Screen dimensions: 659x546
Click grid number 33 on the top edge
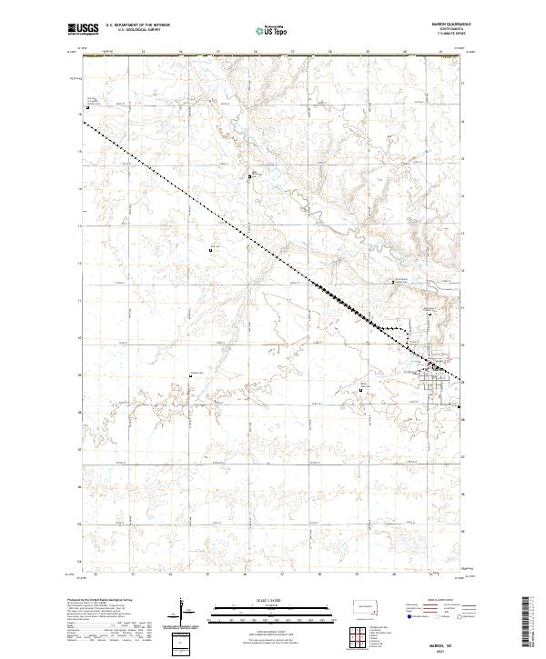click(x=146, y=52)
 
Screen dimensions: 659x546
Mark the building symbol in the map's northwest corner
click(x=87, y=110)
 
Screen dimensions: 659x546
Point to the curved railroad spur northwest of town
click(x=400, y=326)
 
